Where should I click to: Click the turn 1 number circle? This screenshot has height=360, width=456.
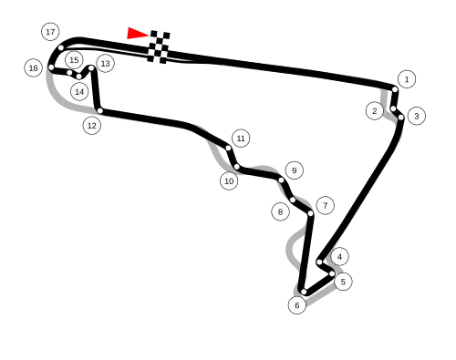point(406,79)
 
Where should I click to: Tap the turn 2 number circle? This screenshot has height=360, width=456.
point(374,110)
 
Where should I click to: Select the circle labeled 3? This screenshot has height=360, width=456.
point(416,116)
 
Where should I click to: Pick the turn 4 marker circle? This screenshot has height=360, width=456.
point(339,257)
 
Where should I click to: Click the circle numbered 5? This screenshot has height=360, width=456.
point(343,282)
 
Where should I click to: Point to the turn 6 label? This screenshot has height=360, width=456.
point(297,305)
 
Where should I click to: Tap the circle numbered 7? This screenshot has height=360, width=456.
point(325,205)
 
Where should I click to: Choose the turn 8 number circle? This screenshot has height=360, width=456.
point(280,211)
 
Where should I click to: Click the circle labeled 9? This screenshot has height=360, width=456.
point(294,170)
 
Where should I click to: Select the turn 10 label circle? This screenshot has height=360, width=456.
point(229,180)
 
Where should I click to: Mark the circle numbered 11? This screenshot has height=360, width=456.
point(241,139)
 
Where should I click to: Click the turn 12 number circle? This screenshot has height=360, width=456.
point(91,126)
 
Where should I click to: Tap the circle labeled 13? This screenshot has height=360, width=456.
point(105,63)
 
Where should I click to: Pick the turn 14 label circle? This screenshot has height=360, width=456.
point(79,91)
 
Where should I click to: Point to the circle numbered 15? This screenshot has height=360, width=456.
point(74,59)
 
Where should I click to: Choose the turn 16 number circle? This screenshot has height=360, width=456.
point(33,67)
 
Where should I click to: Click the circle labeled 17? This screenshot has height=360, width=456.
point(50,32)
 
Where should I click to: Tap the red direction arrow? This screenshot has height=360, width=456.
point(135,34)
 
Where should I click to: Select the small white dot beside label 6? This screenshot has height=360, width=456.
point(304,292)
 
